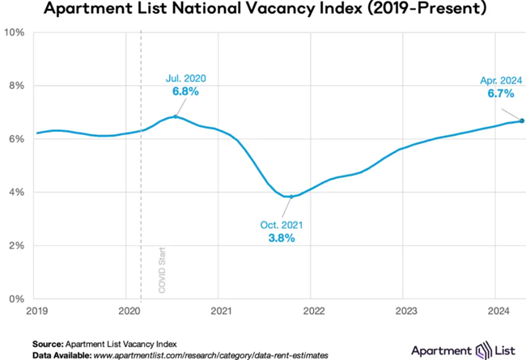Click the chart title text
pos(263,11)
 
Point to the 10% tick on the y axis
pos(16,32)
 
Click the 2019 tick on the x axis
pos(36,310)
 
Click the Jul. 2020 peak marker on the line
pos(176,116)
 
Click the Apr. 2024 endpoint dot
pos(522,121)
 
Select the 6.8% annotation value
pos(185,92)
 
